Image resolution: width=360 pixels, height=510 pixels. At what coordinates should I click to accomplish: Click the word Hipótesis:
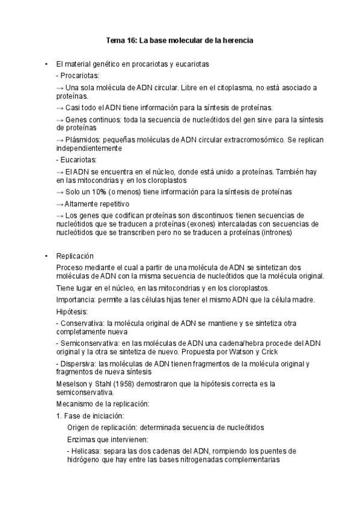72,312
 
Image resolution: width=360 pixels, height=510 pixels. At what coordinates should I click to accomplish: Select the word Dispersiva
78,363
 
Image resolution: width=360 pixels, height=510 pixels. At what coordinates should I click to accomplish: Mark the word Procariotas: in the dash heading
79,75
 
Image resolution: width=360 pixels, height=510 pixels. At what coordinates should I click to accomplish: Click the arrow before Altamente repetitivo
59,204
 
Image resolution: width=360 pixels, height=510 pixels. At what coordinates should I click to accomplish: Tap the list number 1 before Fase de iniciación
58,415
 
